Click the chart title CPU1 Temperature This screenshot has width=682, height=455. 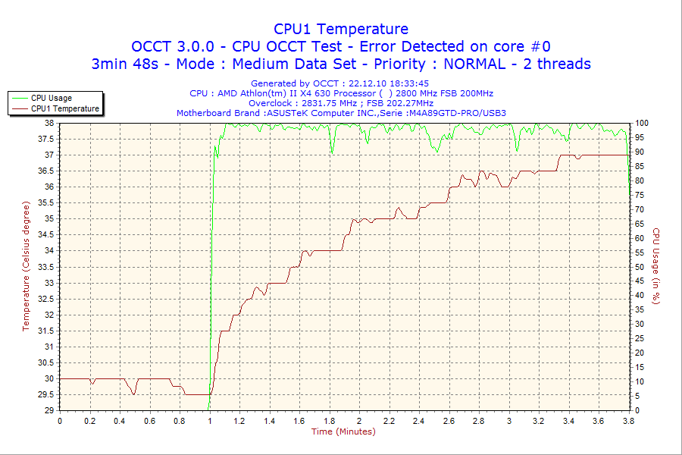point(341,29)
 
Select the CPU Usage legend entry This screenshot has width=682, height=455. point(51,98)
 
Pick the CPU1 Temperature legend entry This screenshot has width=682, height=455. point(64,108)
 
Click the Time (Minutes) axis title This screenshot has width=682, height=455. point(343,431)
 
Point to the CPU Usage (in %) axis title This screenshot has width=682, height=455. point(656,266)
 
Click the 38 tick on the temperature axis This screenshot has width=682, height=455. point(48,123)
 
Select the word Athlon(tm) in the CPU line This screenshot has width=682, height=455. point(265,93)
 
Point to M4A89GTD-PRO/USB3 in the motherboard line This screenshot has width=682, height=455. point(456,113)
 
